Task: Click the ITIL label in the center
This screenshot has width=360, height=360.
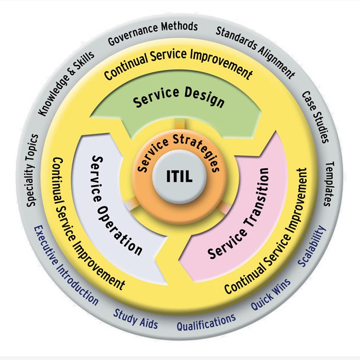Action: click(180, 177)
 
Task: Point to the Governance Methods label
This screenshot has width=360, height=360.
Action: click(151, 33)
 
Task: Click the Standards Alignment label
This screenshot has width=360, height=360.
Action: click(255, 51)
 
